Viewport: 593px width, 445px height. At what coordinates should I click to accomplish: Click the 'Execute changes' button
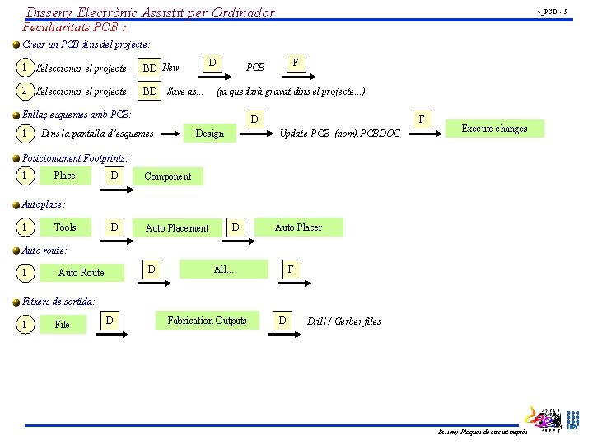click(494, 129)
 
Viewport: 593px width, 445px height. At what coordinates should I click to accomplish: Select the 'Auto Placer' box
click(298, 227)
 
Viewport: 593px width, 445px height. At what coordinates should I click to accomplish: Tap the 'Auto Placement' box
click(177, 227)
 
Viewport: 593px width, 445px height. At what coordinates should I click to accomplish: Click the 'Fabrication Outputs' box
click(207, 320)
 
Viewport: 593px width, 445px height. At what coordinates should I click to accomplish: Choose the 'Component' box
click(167, 176)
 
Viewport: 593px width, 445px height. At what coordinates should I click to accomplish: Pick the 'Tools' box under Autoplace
click(65, 227)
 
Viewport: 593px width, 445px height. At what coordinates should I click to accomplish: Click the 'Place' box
click(64, 175)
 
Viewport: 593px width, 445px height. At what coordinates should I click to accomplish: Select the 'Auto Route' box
click(82, 272)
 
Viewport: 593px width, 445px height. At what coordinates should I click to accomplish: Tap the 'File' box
click(63, 324)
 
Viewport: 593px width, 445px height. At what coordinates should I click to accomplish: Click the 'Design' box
click(209, 133)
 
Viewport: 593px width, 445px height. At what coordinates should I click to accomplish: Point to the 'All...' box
click(224, 269)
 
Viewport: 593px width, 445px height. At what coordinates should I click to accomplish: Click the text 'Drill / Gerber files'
click(343, 321)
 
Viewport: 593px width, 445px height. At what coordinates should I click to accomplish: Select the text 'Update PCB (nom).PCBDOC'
click(340, 133)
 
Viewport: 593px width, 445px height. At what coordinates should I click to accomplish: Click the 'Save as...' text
click(184, 91)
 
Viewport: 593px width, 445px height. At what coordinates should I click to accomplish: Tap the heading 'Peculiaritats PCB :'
click(74, 26)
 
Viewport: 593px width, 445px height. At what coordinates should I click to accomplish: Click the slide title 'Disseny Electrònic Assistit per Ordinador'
click(151, 12)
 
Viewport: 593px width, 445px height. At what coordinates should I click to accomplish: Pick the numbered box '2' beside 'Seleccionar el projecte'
click(26, 91)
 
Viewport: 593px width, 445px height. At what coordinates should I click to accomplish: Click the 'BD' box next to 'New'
click(150, 68)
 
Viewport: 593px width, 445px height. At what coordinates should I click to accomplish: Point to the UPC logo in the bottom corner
click(572, 419)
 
